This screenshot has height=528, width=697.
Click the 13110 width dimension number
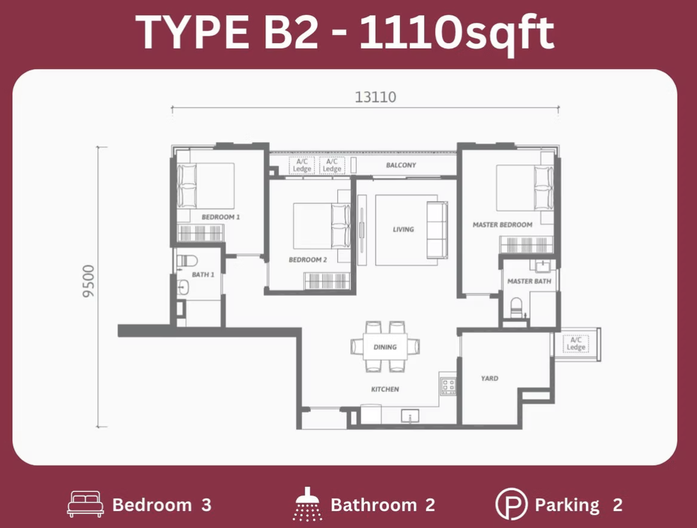[x=375, y=97]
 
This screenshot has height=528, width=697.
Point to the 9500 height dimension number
[x=89, y=281]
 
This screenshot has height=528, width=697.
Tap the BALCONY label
[x=401, y=165]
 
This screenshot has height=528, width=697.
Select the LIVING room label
[x=403, y=230]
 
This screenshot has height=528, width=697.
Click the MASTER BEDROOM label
[x=502, y=224]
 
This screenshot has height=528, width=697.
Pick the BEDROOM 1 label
[x=221, y=217]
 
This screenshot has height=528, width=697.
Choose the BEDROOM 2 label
[x=308, y=260]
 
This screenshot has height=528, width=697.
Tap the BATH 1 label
[x=203, y=274]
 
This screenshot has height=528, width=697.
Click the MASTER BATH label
[x=529, y=281]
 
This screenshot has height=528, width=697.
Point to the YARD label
[x=489, y=379]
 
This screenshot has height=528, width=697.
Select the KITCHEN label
[x=385, y=389]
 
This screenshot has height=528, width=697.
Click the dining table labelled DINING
[x=385, y=347]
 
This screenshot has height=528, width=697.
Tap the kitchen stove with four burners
[x=447, y=386]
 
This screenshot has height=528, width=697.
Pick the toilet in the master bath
[x=516, y=308]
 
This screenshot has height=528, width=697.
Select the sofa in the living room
[x=437, y=230]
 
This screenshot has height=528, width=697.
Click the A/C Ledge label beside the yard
[x=576, y=344]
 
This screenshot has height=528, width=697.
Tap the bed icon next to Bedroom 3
[x=85, y=505]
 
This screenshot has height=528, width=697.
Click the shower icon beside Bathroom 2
[x=308, y=504]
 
